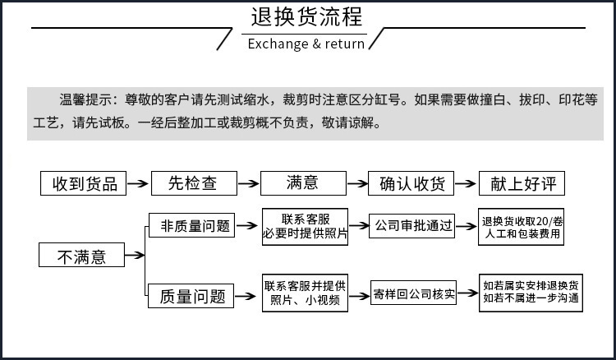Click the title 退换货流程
[306, 18]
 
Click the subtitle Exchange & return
[306, 44]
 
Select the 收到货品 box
[84, 183]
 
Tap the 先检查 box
[193, 183]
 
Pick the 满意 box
[301, 183]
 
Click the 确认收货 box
[410, 183]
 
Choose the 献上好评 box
[522, 183]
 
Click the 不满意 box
[82, 256]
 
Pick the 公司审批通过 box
[413, 225]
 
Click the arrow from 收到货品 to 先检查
[137, 183]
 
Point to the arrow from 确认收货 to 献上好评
[466, 183]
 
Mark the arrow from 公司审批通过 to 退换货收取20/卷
[467, 225]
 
